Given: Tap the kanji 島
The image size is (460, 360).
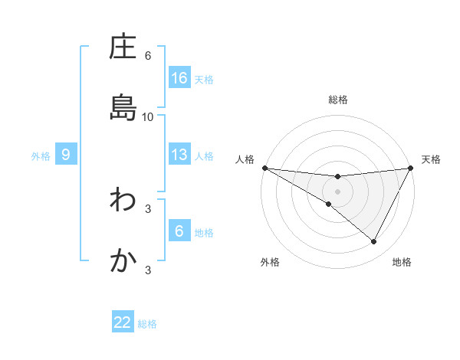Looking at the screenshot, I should click(123, 108).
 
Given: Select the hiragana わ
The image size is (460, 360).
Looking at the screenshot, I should click(123, 201).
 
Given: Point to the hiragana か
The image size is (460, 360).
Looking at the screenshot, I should click(123, 261).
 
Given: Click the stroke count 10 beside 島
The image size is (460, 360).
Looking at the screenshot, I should click(148, 116).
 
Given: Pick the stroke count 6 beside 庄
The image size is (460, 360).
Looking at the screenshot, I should click(148, 56).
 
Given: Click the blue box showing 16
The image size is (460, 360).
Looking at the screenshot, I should click(179, 78).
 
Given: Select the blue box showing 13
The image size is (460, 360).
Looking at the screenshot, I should click(179, 155).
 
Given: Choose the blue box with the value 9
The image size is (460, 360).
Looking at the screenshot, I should click(66, 155).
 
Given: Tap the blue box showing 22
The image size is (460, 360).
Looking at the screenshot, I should click(123, 322).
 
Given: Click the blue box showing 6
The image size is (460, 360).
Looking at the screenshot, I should click(179, 231).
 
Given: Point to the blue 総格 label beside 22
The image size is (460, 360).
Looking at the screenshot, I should click(147, 324).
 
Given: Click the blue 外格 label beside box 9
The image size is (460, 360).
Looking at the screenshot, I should click(41, 156).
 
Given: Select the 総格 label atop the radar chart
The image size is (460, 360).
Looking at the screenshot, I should click(337, 100).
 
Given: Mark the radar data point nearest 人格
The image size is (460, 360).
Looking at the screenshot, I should click(264, 167).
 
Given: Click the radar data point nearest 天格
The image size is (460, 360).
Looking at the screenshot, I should click(411, 168).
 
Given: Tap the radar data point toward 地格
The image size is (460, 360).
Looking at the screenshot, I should click(374, 242).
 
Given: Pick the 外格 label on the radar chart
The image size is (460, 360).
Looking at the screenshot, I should click(270, 262).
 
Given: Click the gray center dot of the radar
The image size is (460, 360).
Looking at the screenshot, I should click(337, 191).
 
